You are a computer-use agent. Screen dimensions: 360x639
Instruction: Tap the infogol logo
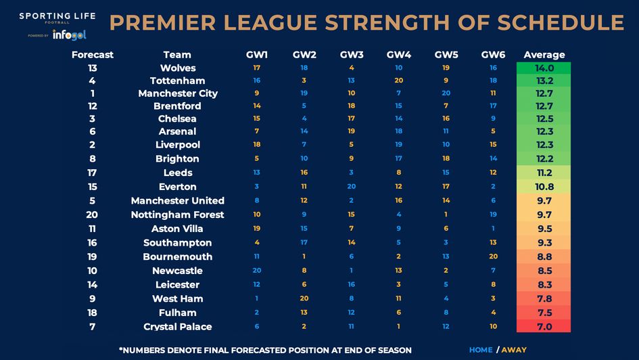[x=69, y=35]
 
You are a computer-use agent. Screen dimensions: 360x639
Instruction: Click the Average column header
[x=544, y=54]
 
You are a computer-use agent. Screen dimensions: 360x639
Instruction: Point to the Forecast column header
[x=93, y=54]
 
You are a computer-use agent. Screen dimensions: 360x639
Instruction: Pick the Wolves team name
[x=178, y=68]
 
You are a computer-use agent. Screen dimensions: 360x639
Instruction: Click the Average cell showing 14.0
[x=544, y=68]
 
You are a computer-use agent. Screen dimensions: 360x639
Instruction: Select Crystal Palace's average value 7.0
[x=544, y=327]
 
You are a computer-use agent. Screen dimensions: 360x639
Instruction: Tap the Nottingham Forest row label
[x=178, y=215]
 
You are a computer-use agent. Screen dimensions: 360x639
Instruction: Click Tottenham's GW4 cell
[x=398, y=80]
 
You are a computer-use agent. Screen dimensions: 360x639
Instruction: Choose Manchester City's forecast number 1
[x=93, y=93]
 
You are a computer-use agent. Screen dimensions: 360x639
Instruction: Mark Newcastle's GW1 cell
[x=256, y=270]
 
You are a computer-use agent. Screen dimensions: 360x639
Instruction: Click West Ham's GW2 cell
[x=304, y=298]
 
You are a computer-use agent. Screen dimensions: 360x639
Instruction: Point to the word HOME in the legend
[x=481, y=350]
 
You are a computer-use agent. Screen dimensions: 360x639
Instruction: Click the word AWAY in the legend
[x=515, y=350]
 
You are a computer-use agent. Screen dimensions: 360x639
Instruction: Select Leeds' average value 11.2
[x=544, y=173]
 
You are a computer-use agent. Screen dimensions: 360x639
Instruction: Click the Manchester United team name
[x=178, y=200]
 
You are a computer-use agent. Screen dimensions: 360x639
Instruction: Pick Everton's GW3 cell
[x=351, y=186]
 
